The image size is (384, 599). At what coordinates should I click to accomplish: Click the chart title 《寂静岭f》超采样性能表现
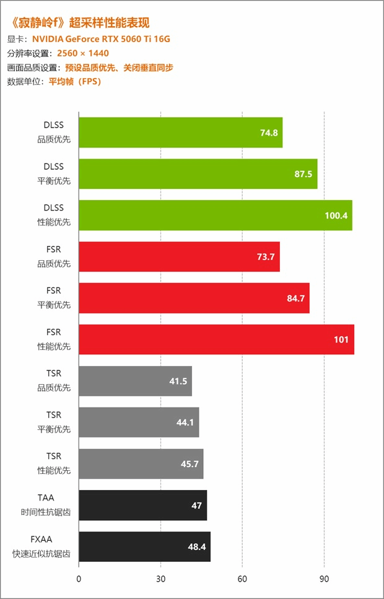[x=80, y=23]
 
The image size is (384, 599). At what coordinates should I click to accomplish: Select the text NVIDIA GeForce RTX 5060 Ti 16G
[x=101, y=38]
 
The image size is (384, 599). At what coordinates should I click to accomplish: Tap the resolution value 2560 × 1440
[x=82, y=53]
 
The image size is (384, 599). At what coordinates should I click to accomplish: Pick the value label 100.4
[x=336, y=216]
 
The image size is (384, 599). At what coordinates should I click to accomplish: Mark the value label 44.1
[x=185, y=422]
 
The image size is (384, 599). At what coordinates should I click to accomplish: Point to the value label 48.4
[x=196, y=547]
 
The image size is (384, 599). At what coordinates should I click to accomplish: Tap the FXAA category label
[x=53, y=539]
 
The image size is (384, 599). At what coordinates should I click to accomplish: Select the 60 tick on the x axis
[x=242, y=579]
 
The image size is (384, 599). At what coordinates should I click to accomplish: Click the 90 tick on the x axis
[x=324, y=579]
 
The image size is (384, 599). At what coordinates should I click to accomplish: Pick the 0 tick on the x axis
[x=79, y=579]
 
